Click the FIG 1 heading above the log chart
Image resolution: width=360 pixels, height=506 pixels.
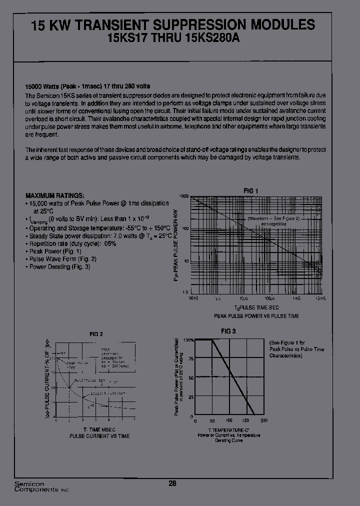point(250,190)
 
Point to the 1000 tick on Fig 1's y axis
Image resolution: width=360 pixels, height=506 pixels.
point(183,197)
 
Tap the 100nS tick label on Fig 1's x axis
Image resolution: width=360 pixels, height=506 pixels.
point(193,298)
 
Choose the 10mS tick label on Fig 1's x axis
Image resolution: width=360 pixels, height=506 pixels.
point(320,298)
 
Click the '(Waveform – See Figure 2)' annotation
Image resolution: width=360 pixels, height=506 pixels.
point(273,219)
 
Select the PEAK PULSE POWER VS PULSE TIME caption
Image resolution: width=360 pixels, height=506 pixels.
point(256,316)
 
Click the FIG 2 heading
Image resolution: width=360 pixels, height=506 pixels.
point(96,334)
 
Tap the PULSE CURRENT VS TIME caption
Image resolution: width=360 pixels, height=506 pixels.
point(99,436)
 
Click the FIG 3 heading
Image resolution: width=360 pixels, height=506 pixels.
point(228,331)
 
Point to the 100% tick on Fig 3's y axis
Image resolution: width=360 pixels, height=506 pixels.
point(188,339)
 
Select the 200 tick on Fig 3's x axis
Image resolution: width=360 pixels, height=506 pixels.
point(264,420)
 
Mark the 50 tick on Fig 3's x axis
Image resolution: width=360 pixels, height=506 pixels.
point(212,420)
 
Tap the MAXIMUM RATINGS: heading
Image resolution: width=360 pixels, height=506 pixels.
point(55,195)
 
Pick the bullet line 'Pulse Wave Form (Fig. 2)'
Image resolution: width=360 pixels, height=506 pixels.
point(62,259)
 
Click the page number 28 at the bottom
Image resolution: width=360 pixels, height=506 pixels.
point(172,483)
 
